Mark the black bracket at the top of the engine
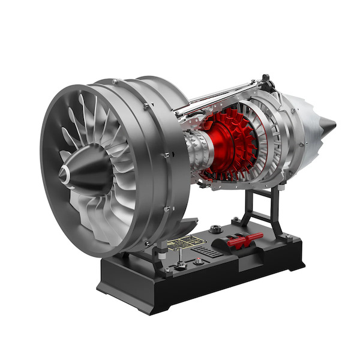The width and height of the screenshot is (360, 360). (265, 80)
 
